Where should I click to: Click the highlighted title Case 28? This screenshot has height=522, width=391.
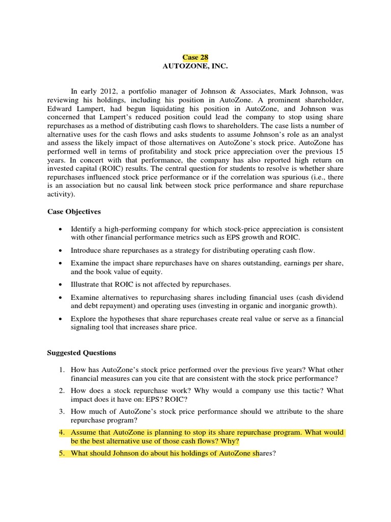coord(195,58)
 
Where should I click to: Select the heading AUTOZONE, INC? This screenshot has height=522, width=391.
coord(195,66)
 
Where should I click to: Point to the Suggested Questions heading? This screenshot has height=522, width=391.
coord(81,353)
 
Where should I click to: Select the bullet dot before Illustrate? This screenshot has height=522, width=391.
coord(61,284)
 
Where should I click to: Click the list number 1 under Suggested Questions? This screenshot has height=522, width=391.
coord(61,370)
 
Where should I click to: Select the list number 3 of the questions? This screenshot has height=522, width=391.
coord(61,411)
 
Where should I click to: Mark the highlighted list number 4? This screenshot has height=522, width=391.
coord(61,433)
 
